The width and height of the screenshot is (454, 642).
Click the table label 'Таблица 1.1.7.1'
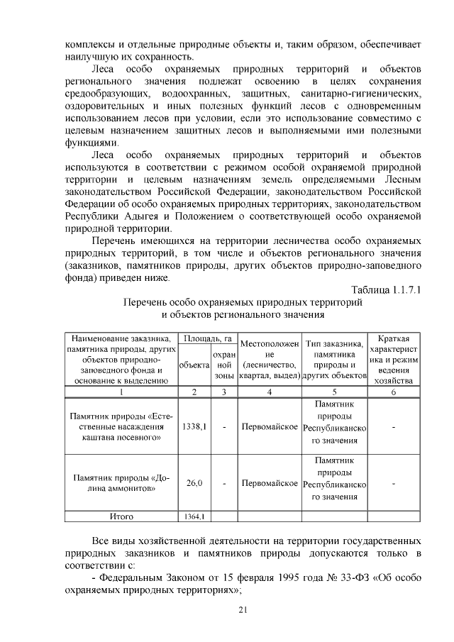coord(386,288)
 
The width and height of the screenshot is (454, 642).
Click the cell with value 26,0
coord(194,483)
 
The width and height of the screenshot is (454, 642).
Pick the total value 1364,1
coord(194,516)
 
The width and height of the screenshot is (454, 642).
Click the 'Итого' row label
coord(121,516)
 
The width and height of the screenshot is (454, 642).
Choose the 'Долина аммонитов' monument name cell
coord(121,483)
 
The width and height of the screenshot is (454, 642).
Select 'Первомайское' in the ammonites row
coord(269,483)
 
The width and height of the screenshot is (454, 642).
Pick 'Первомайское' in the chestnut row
coord(269,427)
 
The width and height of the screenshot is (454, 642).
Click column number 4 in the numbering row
coord(269,392)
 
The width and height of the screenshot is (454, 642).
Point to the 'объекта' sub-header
coord(194,364)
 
